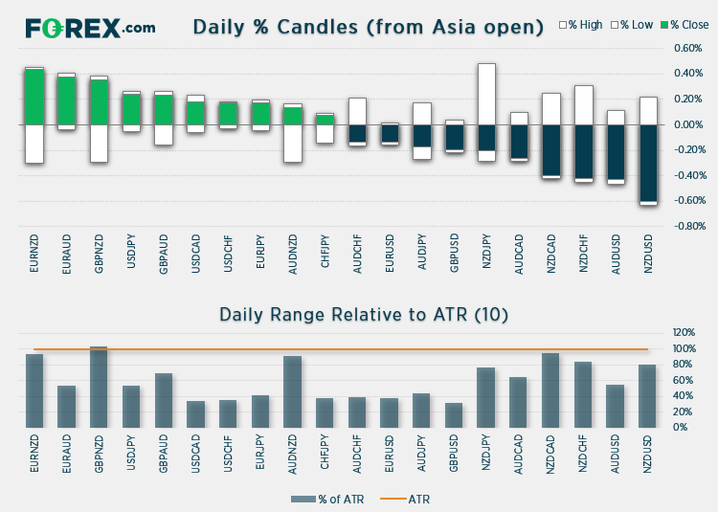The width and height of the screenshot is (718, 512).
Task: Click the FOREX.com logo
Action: coord(90,27)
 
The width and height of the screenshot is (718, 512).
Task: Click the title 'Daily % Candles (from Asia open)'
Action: coord(369,27)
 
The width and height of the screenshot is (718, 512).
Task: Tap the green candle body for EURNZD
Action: coord(34,97)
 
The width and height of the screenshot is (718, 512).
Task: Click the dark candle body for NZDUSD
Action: coord(648,163)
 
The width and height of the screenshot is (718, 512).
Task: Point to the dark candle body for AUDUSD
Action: coord(616,153)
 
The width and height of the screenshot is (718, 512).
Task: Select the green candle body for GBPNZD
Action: coord(99,101)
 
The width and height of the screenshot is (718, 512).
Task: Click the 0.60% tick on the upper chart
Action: coord(688,48)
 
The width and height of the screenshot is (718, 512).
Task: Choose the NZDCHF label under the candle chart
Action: coord(583,254)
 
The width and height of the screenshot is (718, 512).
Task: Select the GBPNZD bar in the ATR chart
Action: coord(99,387)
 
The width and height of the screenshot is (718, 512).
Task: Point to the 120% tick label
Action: coord(684,333)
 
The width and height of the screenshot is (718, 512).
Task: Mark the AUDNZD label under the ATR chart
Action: coord(293,455)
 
